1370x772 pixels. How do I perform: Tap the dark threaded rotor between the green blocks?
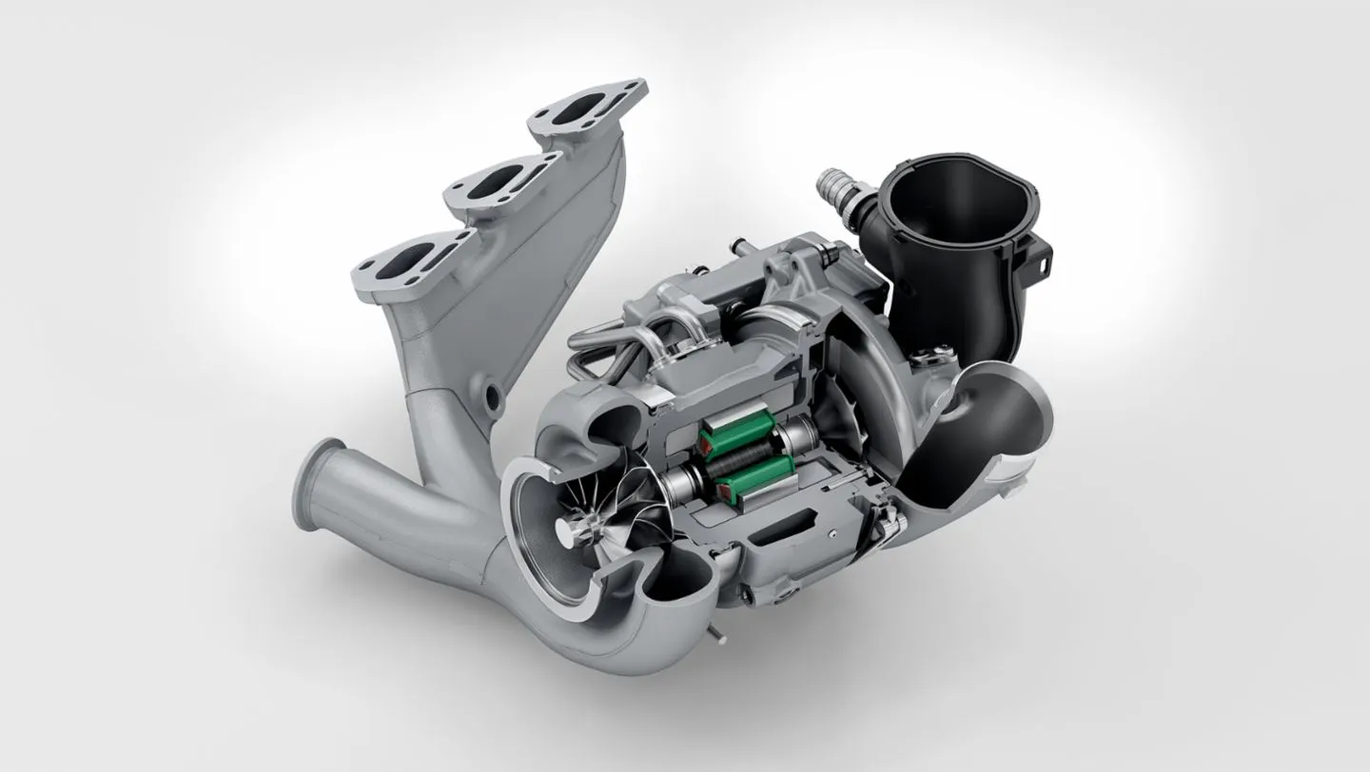tap(734, 456)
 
